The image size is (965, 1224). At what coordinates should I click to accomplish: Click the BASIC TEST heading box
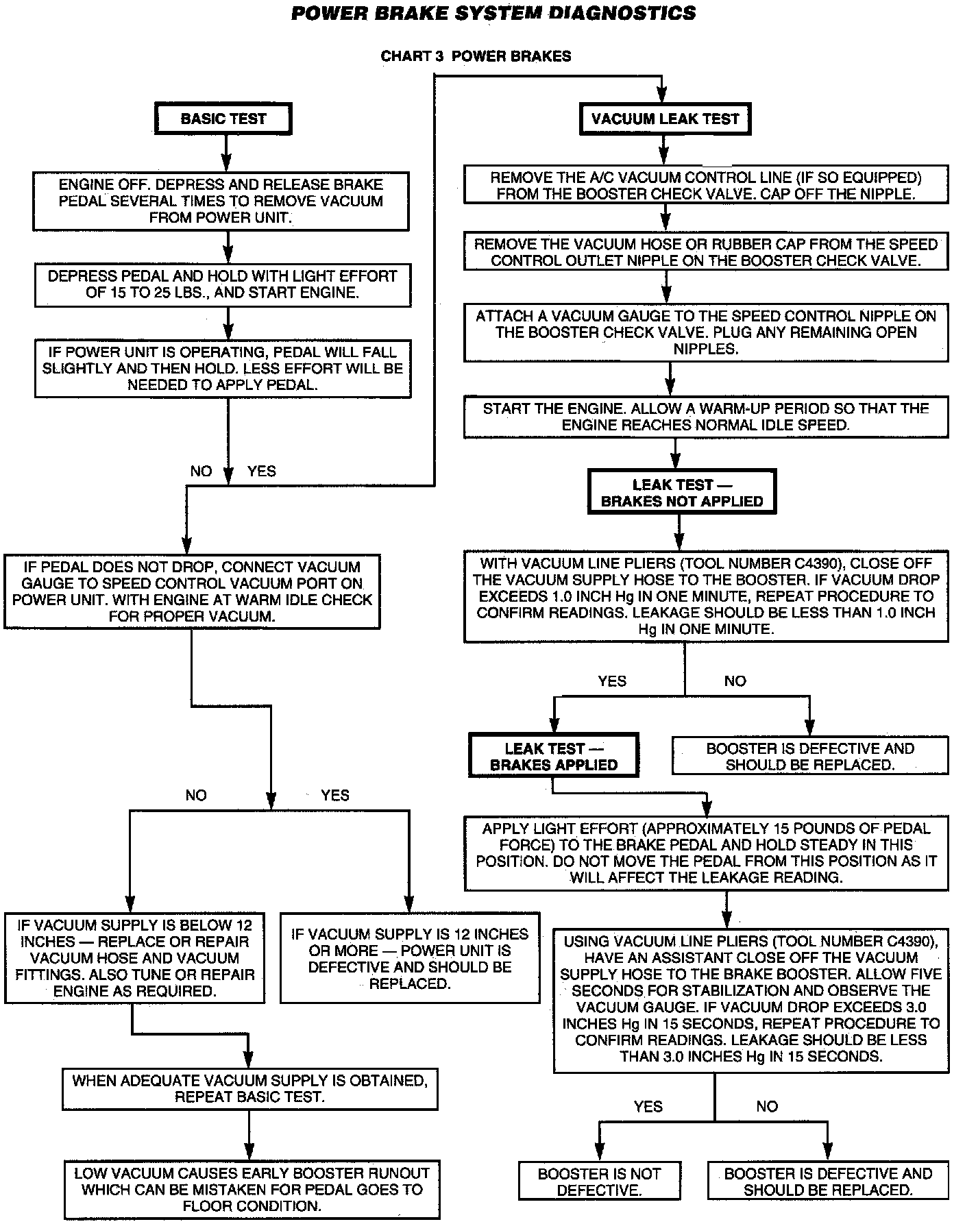pos(223,119)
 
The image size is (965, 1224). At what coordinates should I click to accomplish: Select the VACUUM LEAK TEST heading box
pos(665,119)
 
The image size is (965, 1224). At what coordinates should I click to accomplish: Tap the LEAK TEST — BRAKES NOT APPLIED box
pos(681,493)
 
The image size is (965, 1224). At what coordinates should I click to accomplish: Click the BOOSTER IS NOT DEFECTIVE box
pos(598,1182)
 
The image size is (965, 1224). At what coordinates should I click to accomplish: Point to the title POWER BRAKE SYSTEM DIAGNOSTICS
pos(493,13)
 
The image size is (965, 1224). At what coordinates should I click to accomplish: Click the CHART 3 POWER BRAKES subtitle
pos(476,56)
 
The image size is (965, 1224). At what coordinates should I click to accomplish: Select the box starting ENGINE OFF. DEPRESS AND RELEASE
pos(221,201)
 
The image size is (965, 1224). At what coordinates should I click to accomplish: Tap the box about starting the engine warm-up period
pos(705,417)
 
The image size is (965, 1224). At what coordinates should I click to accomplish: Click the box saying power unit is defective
pos(410,958)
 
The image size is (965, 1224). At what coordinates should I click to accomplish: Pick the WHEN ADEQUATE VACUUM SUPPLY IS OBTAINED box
pos(249,1088)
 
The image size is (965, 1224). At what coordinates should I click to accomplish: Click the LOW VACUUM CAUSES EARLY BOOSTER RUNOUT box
pos(252,1189)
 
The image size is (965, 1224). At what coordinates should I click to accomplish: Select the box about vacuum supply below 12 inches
pos(134,958)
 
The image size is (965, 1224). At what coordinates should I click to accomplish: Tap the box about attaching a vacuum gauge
pos(705,332)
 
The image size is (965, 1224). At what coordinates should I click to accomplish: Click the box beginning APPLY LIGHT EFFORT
pos(706,853)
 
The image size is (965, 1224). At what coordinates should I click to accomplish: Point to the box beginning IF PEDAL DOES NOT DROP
pos(192,591)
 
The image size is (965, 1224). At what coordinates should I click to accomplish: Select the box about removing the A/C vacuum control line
pos(705,185)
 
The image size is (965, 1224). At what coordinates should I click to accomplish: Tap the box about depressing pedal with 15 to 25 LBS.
pos(222,284)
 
